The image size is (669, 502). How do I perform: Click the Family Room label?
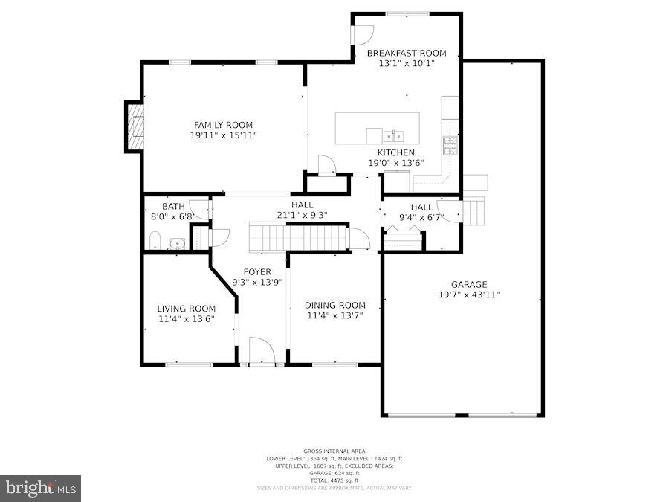[x=223, y=125]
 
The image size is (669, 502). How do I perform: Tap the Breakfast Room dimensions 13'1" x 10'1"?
[x=407, y=64]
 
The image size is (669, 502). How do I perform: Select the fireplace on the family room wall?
[x=135, y=127]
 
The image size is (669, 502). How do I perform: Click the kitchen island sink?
[x=394, y=136]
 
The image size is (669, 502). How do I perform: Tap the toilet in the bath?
[x=155, y=239]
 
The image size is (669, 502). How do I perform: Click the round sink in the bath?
[x=178, y=242]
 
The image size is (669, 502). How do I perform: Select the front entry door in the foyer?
[x=262, y=352]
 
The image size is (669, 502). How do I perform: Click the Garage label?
[x=468, y=284]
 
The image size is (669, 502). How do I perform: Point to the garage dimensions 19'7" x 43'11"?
[x=468, y=295]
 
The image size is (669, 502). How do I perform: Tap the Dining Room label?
[x=335, y=305]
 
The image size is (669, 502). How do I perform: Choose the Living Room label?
[x=186, y=309]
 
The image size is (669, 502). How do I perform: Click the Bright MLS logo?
[x=41, y=489]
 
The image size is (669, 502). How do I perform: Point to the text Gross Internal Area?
[x=334, y=451]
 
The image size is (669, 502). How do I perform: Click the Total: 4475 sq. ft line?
[x=334, y=480]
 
